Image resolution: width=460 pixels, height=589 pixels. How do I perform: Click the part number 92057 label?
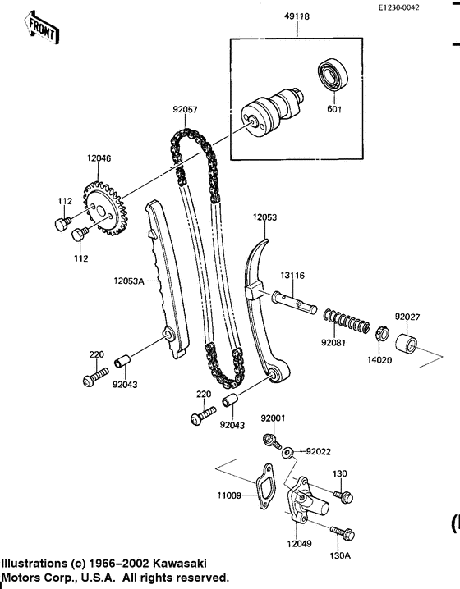tap(185, 107)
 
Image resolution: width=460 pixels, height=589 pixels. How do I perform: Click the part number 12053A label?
tap(129, 281)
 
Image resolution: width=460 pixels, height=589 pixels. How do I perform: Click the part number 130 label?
tap(340, 474)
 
